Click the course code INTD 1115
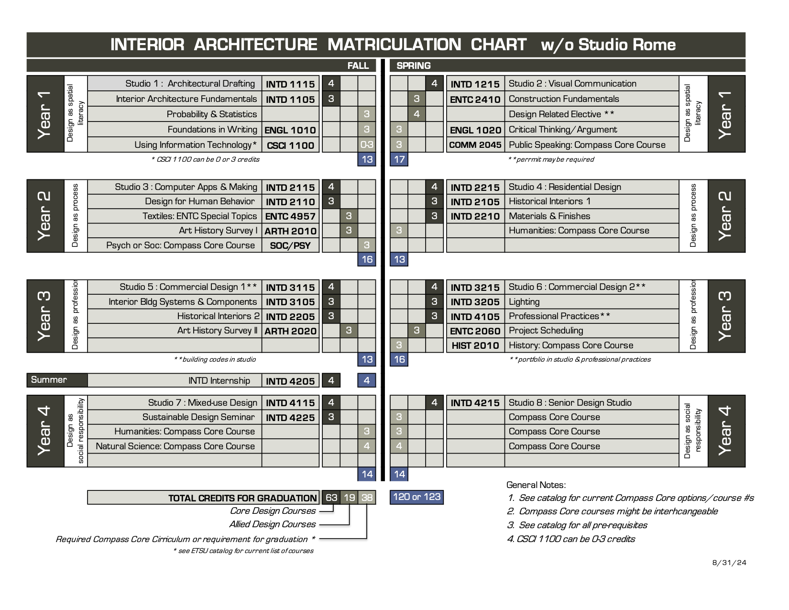(x=290, y=84)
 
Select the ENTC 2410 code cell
(x=475, y=100)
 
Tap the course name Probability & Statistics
(x=211, y=114)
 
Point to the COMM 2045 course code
(x=475, y=145)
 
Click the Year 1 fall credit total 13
(x=367, y=159)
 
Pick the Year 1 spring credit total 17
(x=399, y=159)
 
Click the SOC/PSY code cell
(x=290, y=245)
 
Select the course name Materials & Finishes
(x=549, y=216)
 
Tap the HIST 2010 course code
(x=475, y=345)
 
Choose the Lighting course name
(x=524, y=302)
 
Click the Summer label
(x=49, y=380)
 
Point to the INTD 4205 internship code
(x=290, y=381)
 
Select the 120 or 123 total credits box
(x=416, y=497)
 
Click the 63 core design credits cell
(x=331, y=498)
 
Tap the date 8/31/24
(x=729, y=563)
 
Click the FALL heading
(x=358, y=66)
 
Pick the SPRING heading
(x=414, y=66)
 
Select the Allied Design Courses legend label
(x=272, y=524)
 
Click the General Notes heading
(x=536, y=485)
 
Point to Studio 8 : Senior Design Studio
(x=570, y=403)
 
